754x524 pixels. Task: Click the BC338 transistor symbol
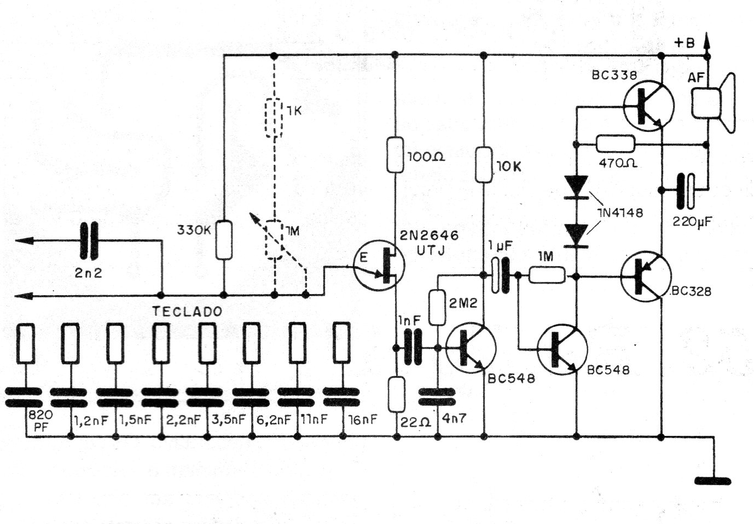[648, 106]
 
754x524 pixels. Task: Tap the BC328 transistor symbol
[646, 277]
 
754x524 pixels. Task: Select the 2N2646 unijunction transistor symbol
[379, 265]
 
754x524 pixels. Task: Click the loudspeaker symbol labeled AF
[712, 103]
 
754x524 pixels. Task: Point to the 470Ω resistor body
[616, 145]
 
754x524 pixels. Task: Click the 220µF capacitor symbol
[686, 191]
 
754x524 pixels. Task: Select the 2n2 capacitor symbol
[89, 240]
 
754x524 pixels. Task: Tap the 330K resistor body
[224, 240]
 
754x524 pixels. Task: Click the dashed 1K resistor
[274, 118]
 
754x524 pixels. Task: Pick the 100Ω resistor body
[395, 155]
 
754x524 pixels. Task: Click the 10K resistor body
[484, 165]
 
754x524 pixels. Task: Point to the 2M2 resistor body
[438, 308]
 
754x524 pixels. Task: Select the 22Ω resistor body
[397, 394]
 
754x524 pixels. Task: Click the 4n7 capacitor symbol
[437, 397]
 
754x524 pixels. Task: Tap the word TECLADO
[188, 312]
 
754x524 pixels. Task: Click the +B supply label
[685, 43]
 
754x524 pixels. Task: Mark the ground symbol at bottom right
[713, 481]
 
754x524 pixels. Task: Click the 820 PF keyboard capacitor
[24, 398]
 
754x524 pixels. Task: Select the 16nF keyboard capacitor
[341, 397]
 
